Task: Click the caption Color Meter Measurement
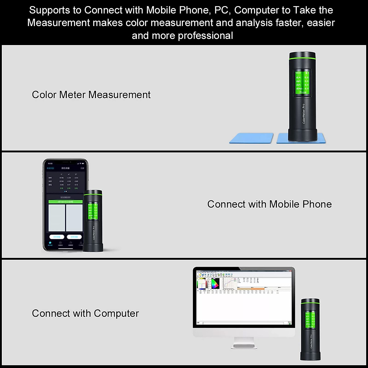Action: click(91, 95)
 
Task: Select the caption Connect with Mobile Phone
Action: click(269, 204)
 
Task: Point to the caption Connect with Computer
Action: click(85, 313)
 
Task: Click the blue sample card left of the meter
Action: click(251, 138)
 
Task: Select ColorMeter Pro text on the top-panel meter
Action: click(304, 113)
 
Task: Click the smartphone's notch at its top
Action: click(65, 161)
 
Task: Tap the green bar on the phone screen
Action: click(66, 202)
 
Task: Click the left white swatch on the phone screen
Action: click(57, 218)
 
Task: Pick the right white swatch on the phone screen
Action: click(74, 218)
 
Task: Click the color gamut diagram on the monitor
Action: click(215, 283)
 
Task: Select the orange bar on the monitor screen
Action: click(251, 289)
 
